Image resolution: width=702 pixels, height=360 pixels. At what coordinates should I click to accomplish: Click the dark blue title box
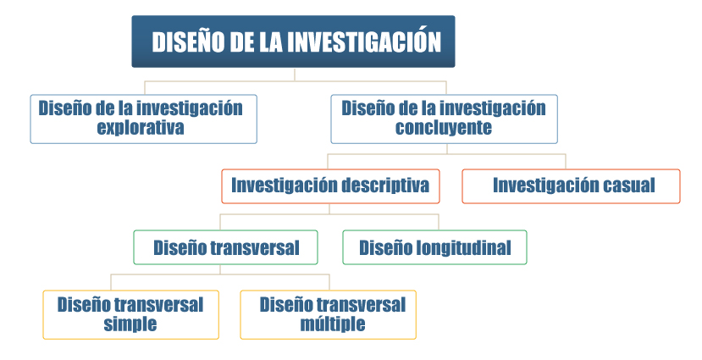(x=293, y=42)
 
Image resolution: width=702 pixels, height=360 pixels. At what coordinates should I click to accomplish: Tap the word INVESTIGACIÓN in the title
(x=364, y=42)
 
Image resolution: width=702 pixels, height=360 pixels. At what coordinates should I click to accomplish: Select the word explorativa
(x=141, y=128)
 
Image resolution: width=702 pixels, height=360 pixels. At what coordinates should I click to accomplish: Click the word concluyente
(x=444, y=128)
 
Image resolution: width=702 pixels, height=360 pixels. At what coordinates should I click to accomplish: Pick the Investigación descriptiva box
(x=330, y=186)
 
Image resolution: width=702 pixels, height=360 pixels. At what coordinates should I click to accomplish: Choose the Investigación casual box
(x=571, y=186)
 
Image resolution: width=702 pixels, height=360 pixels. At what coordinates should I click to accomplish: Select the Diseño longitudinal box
(x=434, y=247)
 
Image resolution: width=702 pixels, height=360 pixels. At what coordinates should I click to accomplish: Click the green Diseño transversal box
(x=225, y=247)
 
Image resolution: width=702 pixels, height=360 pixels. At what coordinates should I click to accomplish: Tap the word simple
(x=130, y=324)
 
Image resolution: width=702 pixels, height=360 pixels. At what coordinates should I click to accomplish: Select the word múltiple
(x=333, y=324)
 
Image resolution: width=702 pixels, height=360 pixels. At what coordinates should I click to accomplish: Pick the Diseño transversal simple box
(x=130, y=315)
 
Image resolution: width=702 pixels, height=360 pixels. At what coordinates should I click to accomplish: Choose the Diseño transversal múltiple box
(x=329, y=315)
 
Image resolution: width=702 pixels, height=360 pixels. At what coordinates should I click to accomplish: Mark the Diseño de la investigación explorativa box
(x=144, y=119)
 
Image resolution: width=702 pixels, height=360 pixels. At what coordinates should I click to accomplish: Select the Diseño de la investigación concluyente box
(x=444, y=119)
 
